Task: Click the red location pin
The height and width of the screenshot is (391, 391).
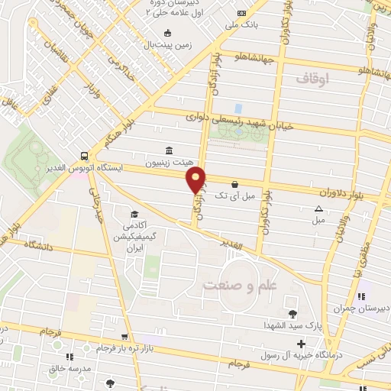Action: tap(197, 180)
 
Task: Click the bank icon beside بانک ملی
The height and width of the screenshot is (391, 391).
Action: tap(242, 14)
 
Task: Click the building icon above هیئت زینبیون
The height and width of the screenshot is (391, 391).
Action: tap(168, 150)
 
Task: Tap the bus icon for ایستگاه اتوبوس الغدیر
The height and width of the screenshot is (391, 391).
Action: tap(82, 152)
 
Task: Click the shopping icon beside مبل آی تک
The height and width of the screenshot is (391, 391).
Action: tap(233, 184)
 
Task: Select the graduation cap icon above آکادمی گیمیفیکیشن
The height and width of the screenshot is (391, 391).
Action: tap(134, 214)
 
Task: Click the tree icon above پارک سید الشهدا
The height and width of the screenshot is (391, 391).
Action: tap(292, 312)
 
